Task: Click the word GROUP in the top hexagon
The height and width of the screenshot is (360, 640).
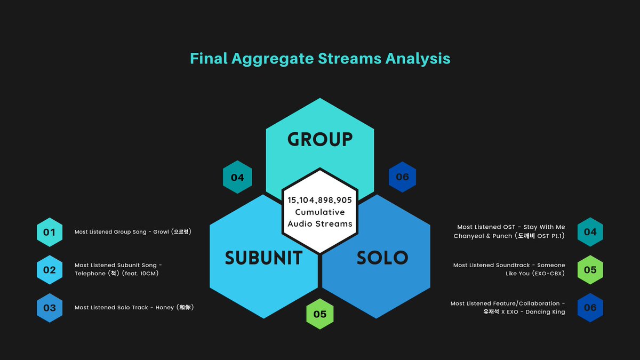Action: click(319, 139)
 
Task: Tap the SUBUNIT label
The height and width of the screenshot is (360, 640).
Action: click(263, 258)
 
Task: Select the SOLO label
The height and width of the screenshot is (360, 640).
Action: click(382, 258)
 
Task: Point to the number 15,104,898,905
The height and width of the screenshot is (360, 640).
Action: click(319, 200)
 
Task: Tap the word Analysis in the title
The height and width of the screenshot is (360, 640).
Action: click(418, 59)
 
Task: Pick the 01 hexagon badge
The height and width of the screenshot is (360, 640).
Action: click(50, 232)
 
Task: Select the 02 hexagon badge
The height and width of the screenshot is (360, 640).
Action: click(50, 270)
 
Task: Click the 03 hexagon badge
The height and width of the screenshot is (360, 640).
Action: click(50, 308)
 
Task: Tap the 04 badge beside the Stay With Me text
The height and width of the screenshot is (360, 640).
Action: click(590, 231)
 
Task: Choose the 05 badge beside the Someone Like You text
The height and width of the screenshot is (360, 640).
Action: click(590, 270)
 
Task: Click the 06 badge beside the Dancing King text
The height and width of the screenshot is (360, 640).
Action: click(590, 307)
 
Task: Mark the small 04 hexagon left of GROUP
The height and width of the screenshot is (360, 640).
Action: click(237, 177)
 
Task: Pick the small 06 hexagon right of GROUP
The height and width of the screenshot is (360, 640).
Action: click(402, 177)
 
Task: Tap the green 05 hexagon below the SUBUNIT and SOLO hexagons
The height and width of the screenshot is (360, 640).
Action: click(320, 314)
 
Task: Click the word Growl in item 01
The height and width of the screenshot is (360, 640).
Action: click(161, 231)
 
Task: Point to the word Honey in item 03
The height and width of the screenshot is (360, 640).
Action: click(165, 308)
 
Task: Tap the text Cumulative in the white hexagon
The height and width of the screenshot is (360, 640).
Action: click(319, 212)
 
